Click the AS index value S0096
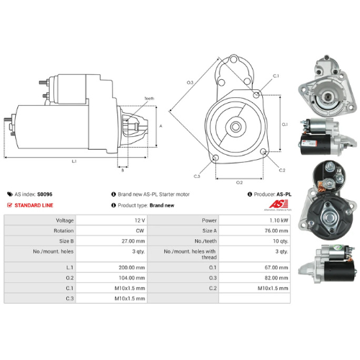click(x=44, y=194)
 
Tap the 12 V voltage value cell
click(x=139, y=220)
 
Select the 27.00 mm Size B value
click(x=135, y=242)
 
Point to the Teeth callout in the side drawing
click(x=149, y=98)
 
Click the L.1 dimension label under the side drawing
click(x=74, y=161)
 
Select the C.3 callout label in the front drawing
click(x=197, y=176)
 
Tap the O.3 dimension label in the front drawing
click(x=190, y=83)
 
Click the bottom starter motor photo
click(x=328, y=265)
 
